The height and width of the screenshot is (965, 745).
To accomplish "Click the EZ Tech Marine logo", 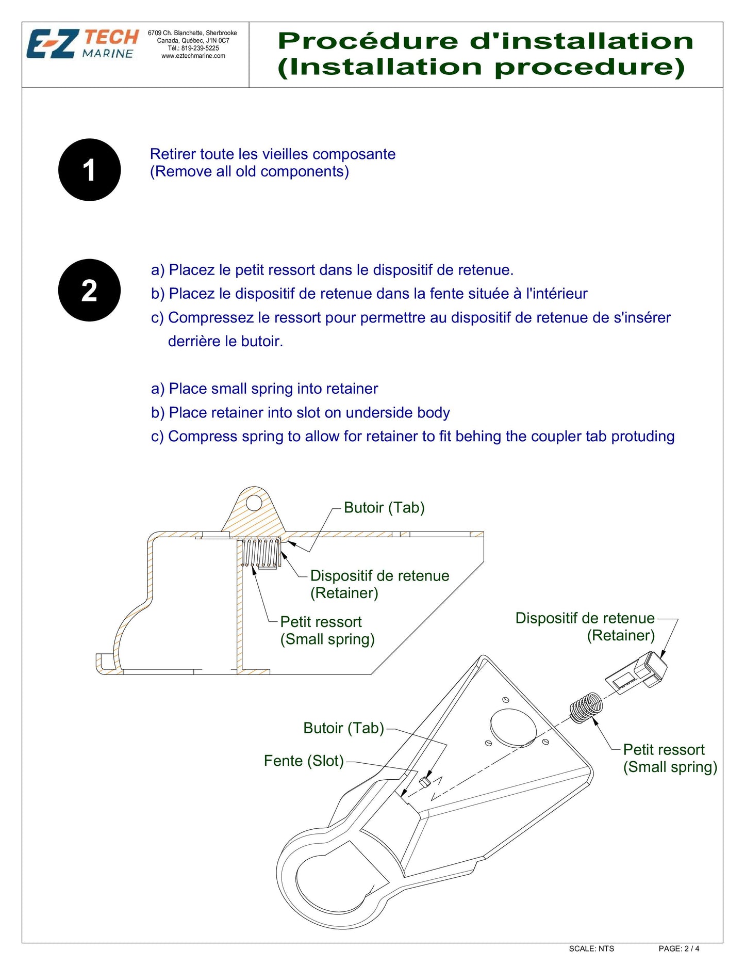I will pyautogui.click(x=82, y=44).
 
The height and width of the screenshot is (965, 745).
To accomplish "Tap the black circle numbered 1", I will pyautogui.click(x=89, y=170).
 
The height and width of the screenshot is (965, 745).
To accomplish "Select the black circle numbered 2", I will pyautogui.click(x=89, y=290).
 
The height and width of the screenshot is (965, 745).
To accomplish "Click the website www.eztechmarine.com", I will pyautogui.click(x=193, y=56).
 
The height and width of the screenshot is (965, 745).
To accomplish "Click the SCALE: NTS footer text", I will pyautogui.click(x=591, y=948).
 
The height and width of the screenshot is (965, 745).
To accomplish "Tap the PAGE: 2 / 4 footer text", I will pyautogui.click(x=678, y=948).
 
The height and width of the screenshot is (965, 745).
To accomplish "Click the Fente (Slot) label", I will pyautogui.click(x=303, y=761).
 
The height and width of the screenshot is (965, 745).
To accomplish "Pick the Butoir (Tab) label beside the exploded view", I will pyautogui.click(x=343, y=728).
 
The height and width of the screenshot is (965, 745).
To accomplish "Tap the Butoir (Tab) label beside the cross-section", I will pyautogui.click(x=384, y=507).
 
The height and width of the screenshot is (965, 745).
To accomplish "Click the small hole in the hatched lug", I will pyautogui.click(x=254, y=502).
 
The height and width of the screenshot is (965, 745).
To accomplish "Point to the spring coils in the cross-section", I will pyautogui.click(x=260, y=553).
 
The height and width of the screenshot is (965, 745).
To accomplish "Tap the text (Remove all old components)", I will pyautogui.click(x=249, y=171).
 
